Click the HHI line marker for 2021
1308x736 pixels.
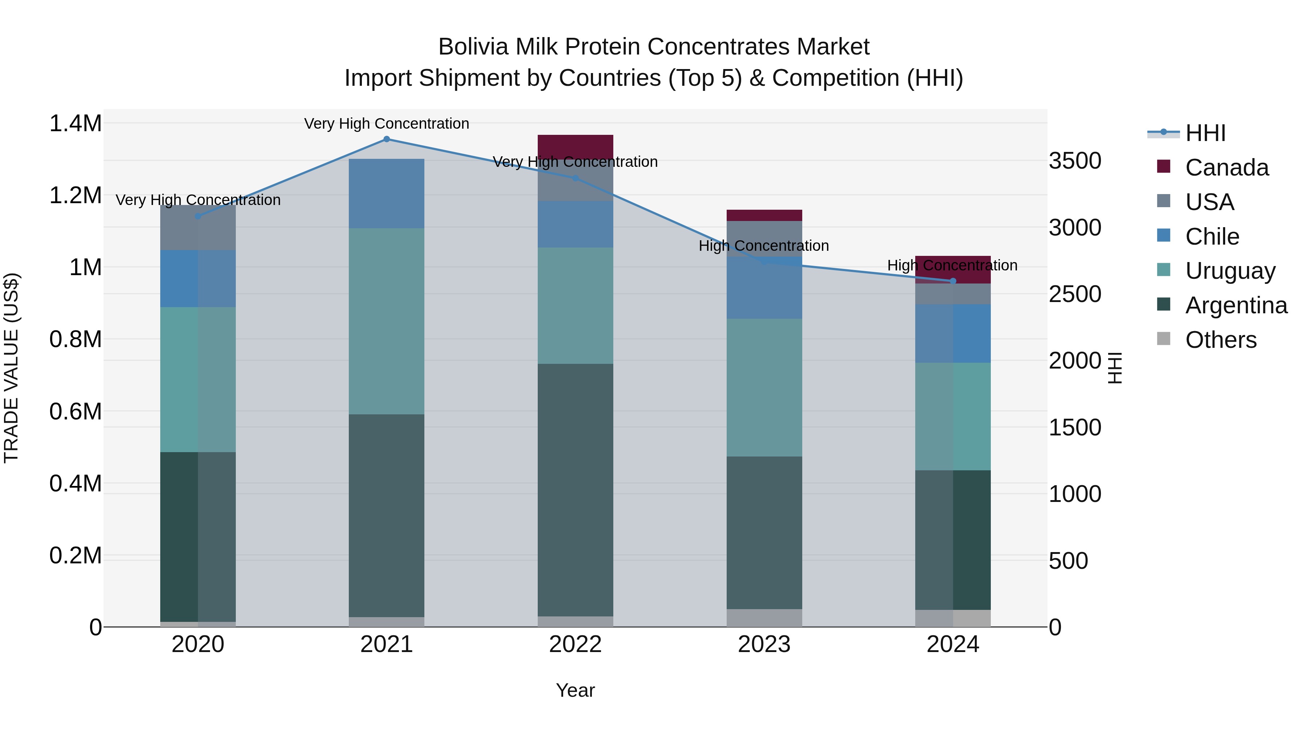pyautogui.click(x=387, y=139)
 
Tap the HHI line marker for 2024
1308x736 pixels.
pyautogui.click(x=953, y=281)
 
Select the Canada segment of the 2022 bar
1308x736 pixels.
pyautogui.click(x=575, y=146)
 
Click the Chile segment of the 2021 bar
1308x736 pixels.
pyautogui.click(x=387, y=193)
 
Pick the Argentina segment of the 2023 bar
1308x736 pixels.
pyautogui.click(x=764, y=532)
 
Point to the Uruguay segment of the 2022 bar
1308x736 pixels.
pyautogui.click(x=575, y=305)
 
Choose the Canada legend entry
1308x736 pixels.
pyautogui.click(x=1226, y=168)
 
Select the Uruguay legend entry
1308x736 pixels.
pyautogui.click(x=1230, y=271)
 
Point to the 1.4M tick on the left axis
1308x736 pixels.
pyautogui.click(x=76, y=124)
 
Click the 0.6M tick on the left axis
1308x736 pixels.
pyautogui.click(x=76, y=411)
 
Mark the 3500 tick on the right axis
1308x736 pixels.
pyautogui.click(x=1075, y=161)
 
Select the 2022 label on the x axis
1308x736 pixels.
pyautogui.click(x=575, y=644)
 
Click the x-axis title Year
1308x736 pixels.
pyautogui.click(x=575, y=690)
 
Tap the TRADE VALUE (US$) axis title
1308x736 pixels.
pyautogui.click(x=11, y=368)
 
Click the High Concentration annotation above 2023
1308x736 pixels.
pyautogui.click(x=764, y=246)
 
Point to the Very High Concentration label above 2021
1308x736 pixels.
pyautogui.click(x=387, y=124)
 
